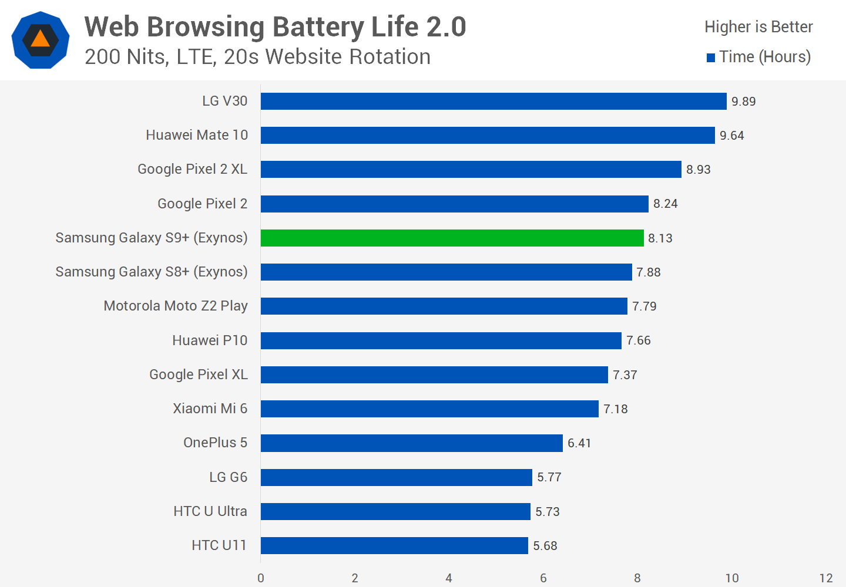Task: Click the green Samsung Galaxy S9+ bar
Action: [x=452, y=238]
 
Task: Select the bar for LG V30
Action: [x=493, y=102]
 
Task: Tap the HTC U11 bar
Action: [x=394, y=545]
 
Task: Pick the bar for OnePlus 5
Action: [x=411, y=443]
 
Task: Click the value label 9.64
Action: [x=731, y=136]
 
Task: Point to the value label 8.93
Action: [x=698, y=170]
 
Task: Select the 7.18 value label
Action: [x=615, y=409]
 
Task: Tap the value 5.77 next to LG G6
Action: [x=549, y=477]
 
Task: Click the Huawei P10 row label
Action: [x=210, y=340]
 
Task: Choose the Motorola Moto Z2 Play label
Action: [x=176, y=306]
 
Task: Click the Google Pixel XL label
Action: [x=198, y=375]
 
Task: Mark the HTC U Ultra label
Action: [x=210, y=511]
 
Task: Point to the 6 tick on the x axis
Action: [x=543, y=578]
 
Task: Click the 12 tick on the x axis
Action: [x=826, y=578]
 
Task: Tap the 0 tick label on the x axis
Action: [x=261, y=578]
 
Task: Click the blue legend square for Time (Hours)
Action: [x=711, y=58]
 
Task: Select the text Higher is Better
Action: [x=758, y=27]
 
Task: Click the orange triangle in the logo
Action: [x=40, y=39]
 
